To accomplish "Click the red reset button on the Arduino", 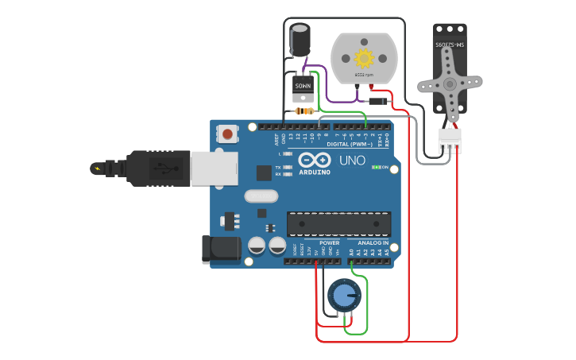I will [x=228, y=134].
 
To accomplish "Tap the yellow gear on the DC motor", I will [x=364, y=58].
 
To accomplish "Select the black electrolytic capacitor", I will [x=300, y=40].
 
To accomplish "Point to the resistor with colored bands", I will [x=303, y=111].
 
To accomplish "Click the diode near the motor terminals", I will [x=377, y=101].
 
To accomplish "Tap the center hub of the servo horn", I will [x=450, y=83].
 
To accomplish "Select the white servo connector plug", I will [x=450, y=141].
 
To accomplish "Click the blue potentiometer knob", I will [x=343, y=295].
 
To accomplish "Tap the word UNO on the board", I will [x=352, y=161].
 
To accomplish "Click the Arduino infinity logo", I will [x=310, y=160].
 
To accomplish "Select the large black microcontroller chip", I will [x=338, y=224].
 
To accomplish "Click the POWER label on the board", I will [x=329, y=242].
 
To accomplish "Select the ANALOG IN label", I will [x=373, y=242].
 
